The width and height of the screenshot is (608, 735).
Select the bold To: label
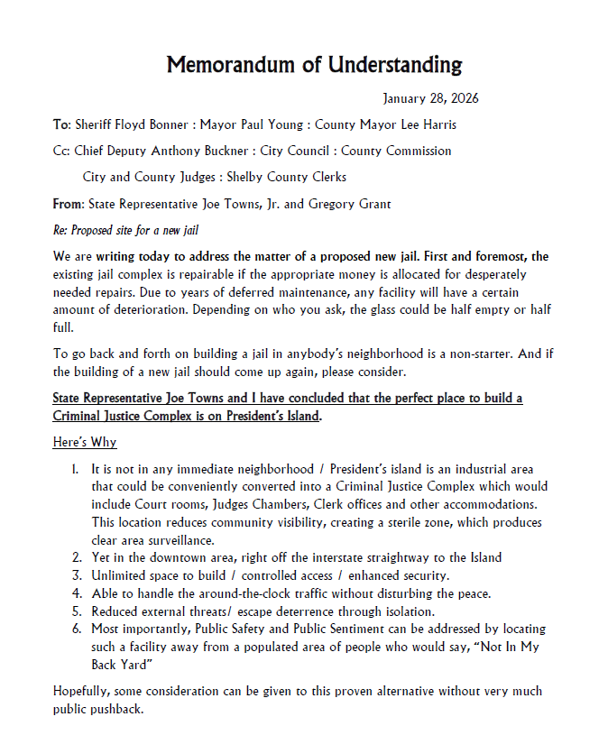[61, 124]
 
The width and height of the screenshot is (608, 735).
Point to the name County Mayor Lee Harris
[392, 124]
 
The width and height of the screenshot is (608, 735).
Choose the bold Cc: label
[61, 151]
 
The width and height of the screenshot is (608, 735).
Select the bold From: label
[69, 204]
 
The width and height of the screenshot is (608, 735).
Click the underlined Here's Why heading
[85, 442]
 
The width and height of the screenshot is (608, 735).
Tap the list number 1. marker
[76, 470]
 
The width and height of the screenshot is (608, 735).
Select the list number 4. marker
[76, 593]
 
